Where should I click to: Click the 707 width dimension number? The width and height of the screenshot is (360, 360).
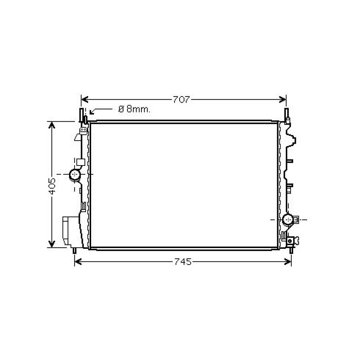[x=181, y=100]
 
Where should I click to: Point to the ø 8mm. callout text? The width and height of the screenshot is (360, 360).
[x=134, y=109]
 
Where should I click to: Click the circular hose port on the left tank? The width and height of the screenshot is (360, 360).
[x=75, y=175]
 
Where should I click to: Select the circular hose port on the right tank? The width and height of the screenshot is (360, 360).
[x=288, y=219]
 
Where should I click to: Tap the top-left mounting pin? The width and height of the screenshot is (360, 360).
[x=82, y=114]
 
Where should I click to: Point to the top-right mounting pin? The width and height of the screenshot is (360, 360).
[x=287, y=114]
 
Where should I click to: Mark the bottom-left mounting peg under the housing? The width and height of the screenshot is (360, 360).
[x=75, y=251]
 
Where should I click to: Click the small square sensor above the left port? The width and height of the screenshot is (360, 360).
[x=80, y=162]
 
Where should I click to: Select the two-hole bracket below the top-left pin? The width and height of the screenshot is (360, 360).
[x=84, y=129]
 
